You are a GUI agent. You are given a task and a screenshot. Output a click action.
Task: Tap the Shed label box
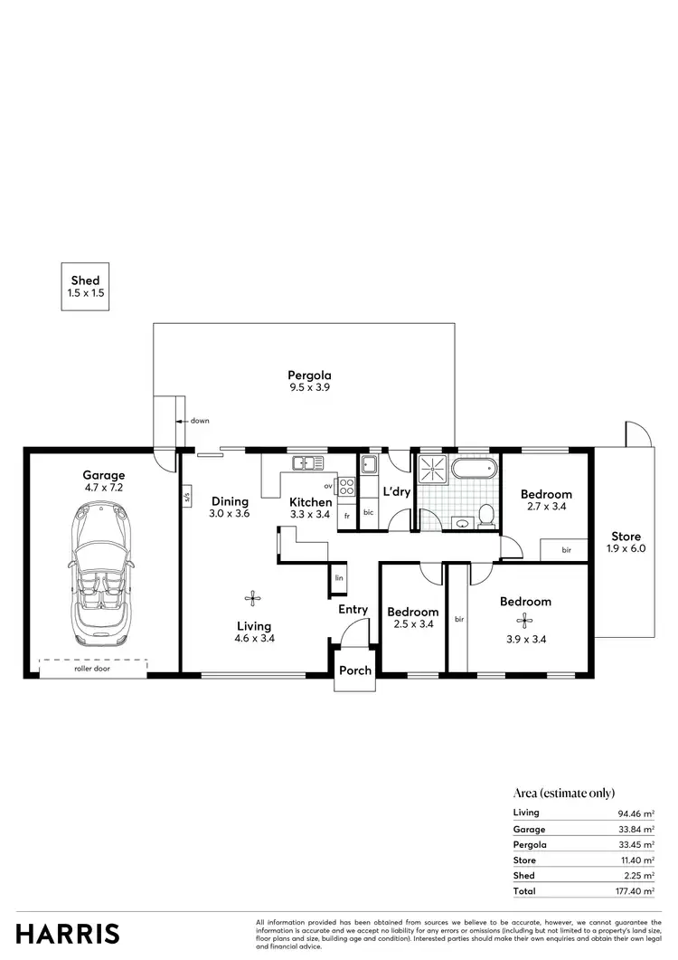click(x=85, y=287)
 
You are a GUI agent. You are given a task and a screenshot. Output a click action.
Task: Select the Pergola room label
click(x=309, y=375)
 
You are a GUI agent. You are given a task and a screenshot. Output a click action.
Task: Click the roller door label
click(x=93, y=670)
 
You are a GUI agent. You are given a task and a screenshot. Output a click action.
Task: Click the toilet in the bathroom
click(x=485, y=515)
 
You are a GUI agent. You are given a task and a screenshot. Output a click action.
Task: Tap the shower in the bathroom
click(x=432, y=470)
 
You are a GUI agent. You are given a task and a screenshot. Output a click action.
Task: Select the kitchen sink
click(x=307, y=463)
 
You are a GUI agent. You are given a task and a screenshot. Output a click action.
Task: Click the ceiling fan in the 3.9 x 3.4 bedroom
click(x=523, y=620)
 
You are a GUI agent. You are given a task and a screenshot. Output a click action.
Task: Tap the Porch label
click(x=353, y=671)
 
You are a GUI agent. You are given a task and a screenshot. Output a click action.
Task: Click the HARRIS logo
click(x=67, y=933)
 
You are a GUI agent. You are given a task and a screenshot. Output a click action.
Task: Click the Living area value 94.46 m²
click(x=636, y=813)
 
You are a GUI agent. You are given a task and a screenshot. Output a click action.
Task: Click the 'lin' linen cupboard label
click(x=339, y=577)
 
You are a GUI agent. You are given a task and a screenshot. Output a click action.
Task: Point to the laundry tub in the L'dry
click(x=369, y=465)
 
